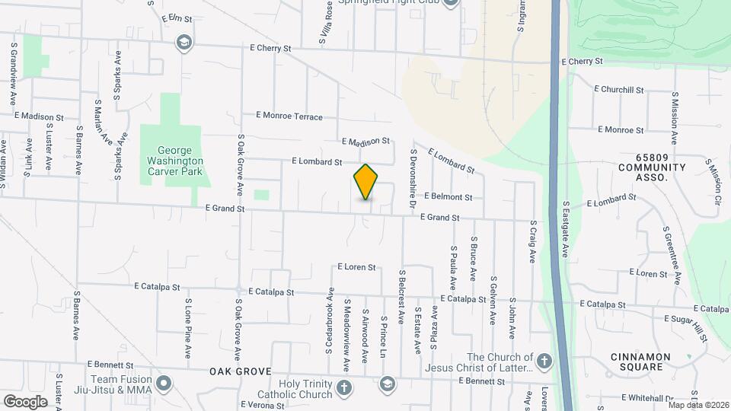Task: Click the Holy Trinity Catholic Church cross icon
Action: point(344,388)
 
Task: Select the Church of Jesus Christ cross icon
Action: point(544,362)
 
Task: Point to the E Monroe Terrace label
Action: point(289,116)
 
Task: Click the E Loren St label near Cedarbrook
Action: point(357,267)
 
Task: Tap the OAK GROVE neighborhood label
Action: point(241,371)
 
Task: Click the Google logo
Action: point(25,401)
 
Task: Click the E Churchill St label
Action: point(621,90)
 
